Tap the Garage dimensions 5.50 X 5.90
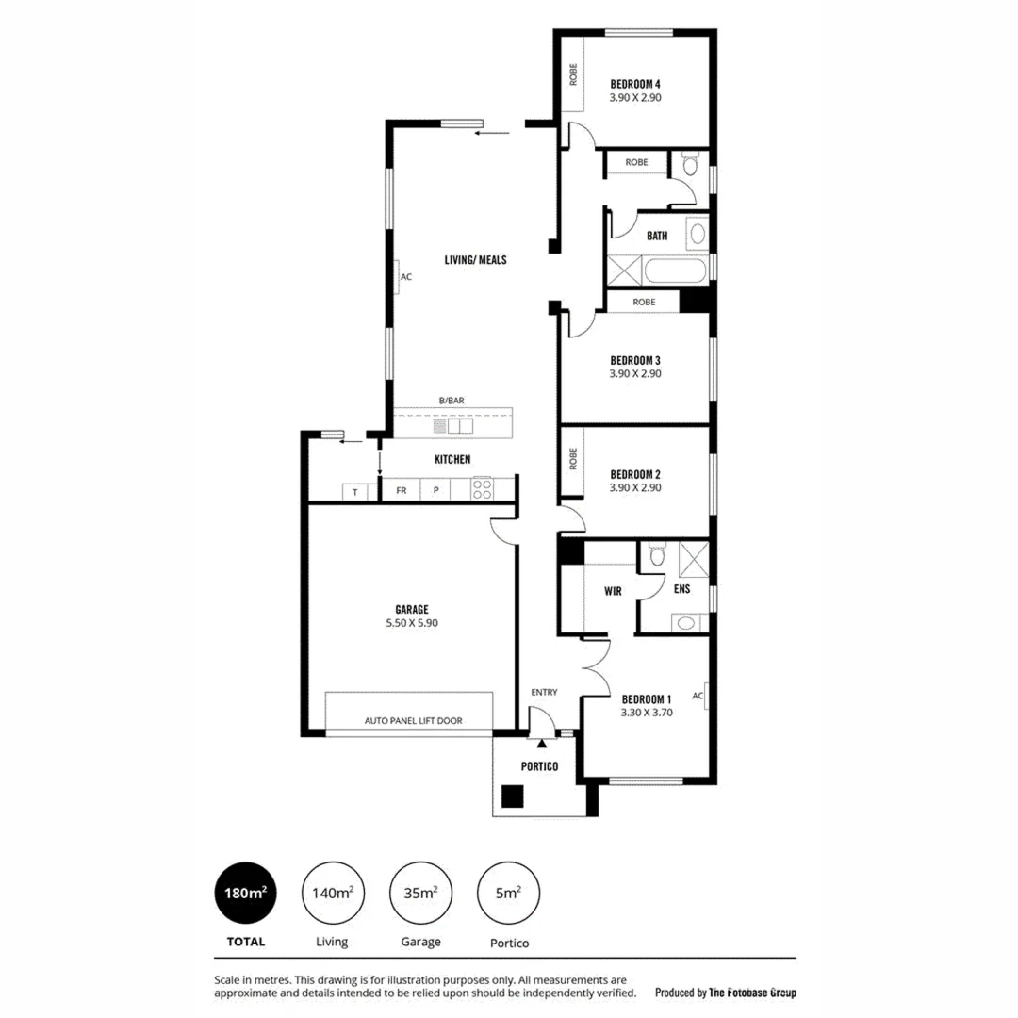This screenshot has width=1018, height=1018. click(412, 622)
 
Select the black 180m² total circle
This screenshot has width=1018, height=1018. click(246, 892)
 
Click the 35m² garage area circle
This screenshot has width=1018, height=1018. click(420, 892)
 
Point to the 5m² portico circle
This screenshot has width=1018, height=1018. click(510, 892)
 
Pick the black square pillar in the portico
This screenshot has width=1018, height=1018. click(511, 796)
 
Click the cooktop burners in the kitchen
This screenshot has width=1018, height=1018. click(483, 489)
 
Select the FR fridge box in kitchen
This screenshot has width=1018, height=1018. click(401, 490)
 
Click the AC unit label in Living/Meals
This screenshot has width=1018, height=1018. click(405, 278)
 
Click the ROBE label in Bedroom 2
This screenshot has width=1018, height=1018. click(572, 459)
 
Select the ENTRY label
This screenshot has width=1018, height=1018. click(544, 692)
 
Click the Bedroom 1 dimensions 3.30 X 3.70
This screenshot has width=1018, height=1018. click(646, 713)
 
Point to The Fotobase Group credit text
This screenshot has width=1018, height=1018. click(725, 993)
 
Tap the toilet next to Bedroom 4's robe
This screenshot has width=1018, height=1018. click(689, 167)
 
